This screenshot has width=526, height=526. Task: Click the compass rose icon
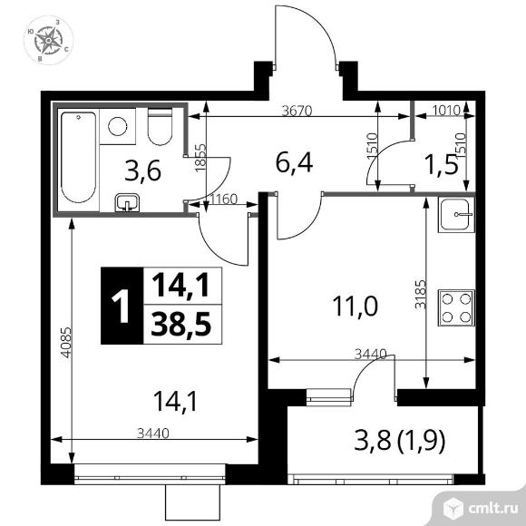click(x=49, y=40)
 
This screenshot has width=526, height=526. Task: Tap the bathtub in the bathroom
click(x=79, y=158)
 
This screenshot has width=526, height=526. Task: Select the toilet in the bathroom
click(x=160, y=127)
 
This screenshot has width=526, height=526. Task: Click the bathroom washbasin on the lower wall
click(x=128, y=202)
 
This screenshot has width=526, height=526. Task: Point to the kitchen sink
click(x=456, y=215)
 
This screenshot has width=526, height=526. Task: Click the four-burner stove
click(x=456, y=308)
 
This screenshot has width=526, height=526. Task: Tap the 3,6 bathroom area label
click(x=143, y=171)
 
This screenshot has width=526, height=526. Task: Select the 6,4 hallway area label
click(x=294, y=163)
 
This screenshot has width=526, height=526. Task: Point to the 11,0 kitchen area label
click(x=355, y=307)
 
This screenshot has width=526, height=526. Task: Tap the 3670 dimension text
click(x=297, y=111)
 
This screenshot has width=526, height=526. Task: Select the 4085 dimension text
click(x=67, y=343)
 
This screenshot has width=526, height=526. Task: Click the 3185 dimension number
click(x=420, y=295)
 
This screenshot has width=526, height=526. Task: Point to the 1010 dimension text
click(x=445, y=111)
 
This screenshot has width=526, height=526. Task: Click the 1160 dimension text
click(x=223, y=200)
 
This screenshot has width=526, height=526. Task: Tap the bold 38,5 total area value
click(x=181, y=324)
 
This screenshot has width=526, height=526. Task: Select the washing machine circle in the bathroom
click(x=118, y=126)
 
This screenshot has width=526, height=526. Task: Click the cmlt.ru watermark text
click(x=492, y=510)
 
